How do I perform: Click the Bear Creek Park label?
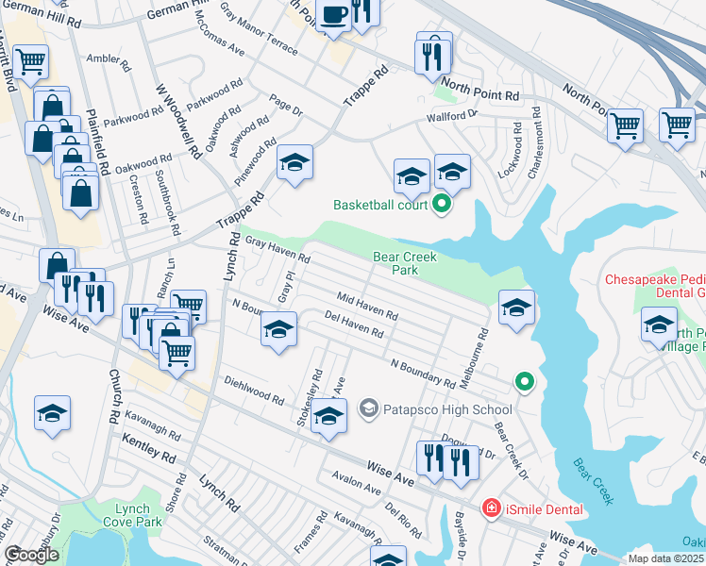409,263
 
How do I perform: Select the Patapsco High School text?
447,409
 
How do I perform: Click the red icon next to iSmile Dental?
491,508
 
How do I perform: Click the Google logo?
31,555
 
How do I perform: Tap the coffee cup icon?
333,14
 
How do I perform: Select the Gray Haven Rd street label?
277,250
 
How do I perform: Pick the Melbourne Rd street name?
482,347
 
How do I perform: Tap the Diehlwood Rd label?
254,391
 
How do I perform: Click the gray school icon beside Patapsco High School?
368,408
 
